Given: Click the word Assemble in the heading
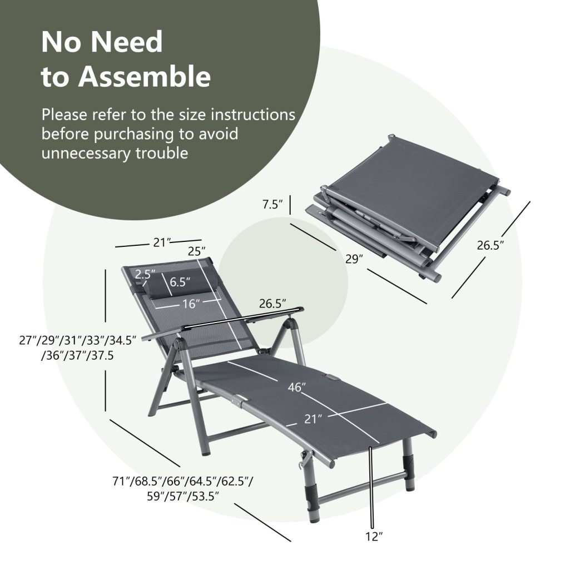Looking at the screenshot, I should [x=144, y=77].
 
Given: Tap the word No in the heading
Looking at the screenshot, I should [x=63, y=42].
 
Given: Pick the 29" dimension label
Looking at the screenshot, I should [x=354, y=259].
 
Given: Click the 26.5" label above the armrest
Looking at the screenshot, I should [x=272, y=304].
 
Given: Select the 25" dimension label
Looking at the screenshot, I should [x=196, y=252].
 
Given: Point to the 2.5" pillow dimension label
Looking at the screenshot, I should [x=146, y=274].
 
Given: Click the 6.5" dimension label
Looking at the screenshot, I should [x=180, y=281].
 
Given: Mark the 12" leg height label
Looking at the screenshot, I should [x=374, y=537].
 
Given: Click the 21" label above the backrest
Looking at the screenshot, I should [x=160, y=242].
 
